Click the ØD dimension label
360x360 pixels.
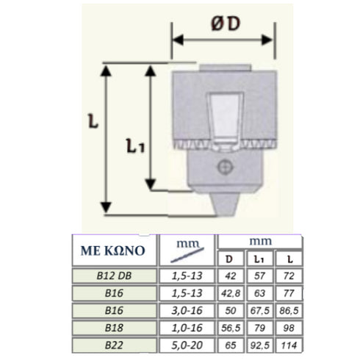(x=226, y=24)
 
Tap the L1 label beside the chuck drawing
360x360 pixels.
(x=135, y=145)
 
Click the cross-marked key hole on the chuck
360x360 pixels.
(x=225, y=168)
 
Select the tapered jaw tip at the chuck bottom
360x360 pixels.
(x=225, y=204)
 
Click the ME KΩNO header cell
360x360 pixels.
(x=113, y=251)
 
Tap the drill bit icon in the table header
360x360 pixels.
(x=187, y=255)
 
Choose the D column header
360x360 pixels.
(x=229, y=259)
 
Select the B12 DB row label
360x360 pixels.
(x=114, y=276)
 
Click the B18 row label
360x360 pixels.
(x=114, y=328)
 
